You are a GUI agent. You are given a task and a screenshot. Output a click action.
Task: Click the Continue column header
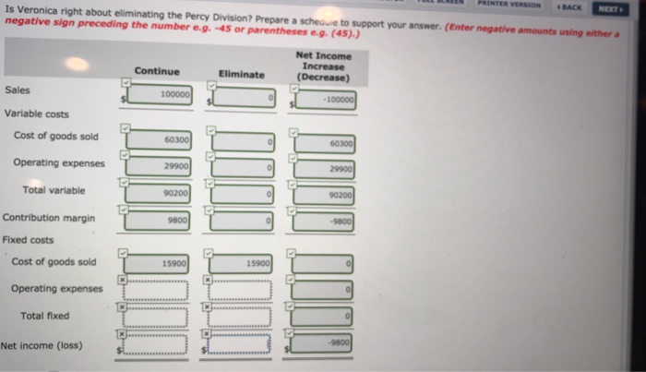[x=157, y=71]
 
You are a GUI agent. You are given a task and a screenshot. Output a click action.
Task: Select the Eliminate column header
[x=242, y=74]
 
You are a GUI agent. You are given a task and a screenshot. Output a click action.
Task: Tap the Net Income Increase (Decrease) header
[x=323, y=67]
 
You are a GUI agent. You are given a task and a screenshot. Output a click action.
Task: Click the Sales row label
[x=17, y=90]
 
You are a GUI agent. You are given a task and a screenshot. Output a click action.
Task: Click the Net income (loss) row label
[x=42, y=346]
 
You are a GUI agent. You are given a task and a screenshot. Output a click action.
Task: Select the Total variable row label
[x=54, y=189]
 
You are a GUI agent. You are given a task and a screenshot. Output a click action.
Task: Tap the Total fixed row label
[x=45, y=316]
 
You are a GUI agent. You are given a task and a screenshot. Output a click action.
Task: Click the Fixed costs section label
[x=28, y=239]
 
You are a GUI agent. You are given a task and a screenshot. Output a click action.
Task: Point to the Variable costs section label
[x=36, y=114]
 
